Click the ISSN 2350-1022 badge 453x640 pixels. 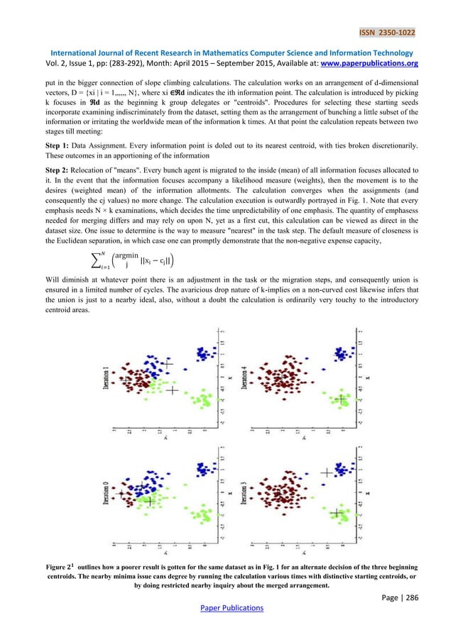(387, 33)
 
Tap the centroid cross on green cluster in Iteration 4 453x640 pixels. (341, 399)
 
